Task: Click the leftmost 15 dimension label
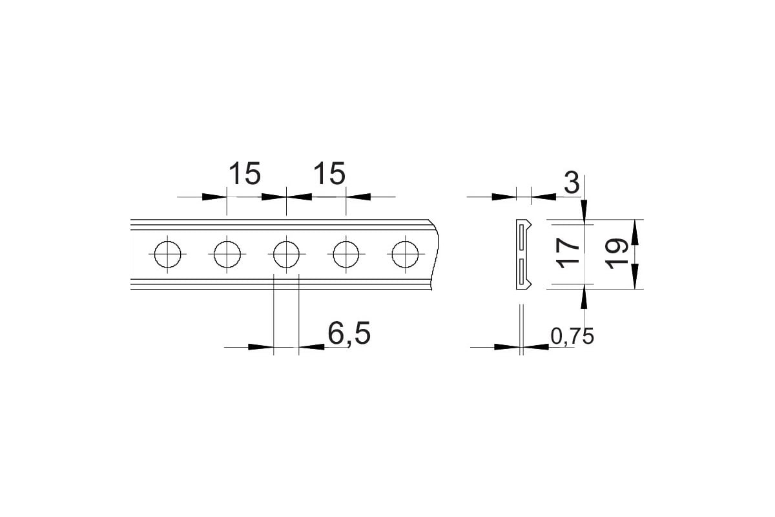pyautogui.click(x=245, y=173)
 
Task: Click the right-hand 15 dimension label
pyautogui.click(x=329, y=173)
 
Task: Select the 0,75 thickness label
pyautogui.click(x=572, y=336)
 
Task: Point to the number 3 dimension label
pyautogui.click(x=572, y=182)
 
